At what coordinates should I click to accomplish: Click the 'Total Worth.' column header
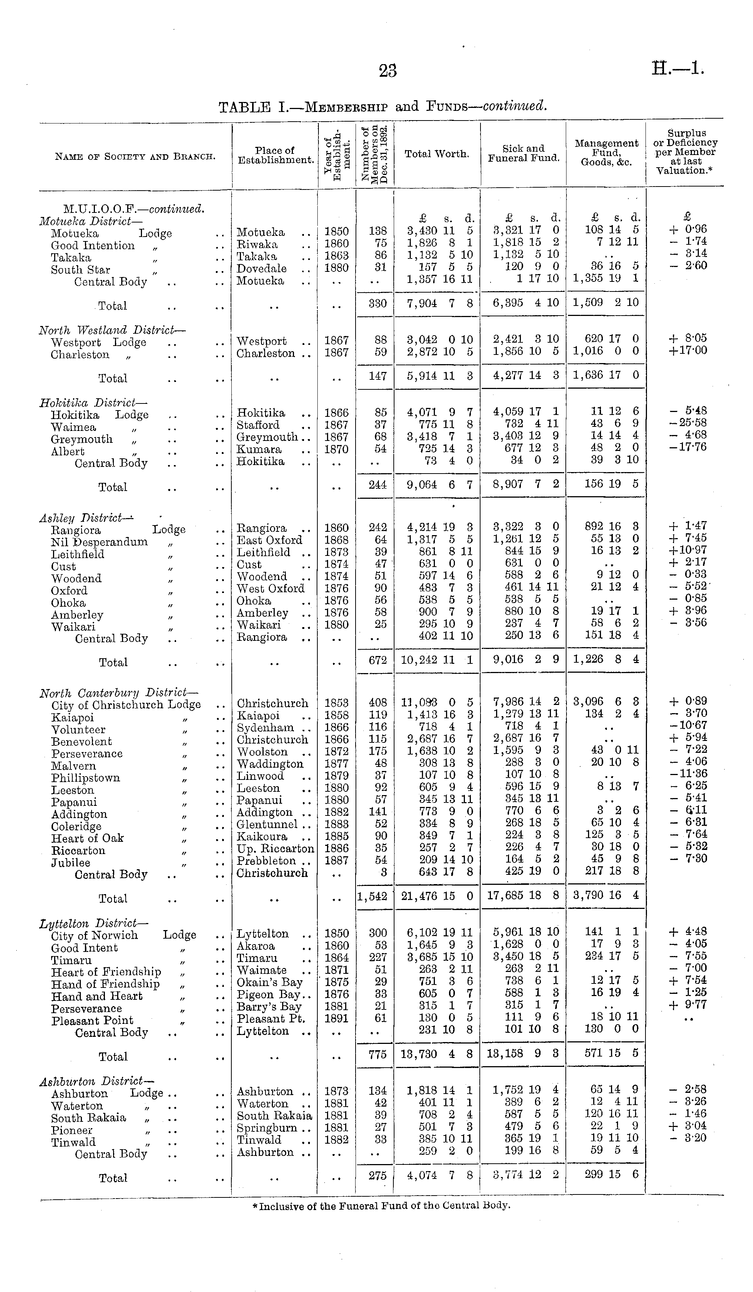coord(437,154)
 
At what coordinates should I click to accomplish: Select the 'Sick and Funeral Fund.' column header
coord(524,153)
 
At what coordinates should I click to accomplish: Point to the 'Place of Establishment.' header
coord(275,155)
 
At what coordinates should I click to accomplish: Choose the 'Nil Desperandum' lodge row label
coord(99,542)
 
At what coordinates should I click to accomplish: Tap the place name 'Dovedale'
coord(261,268)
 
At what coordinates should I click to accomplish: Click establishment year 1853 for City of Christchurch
coord(337,703)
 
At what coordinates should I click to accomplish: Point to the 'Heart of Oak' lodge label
coord(87,838)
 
